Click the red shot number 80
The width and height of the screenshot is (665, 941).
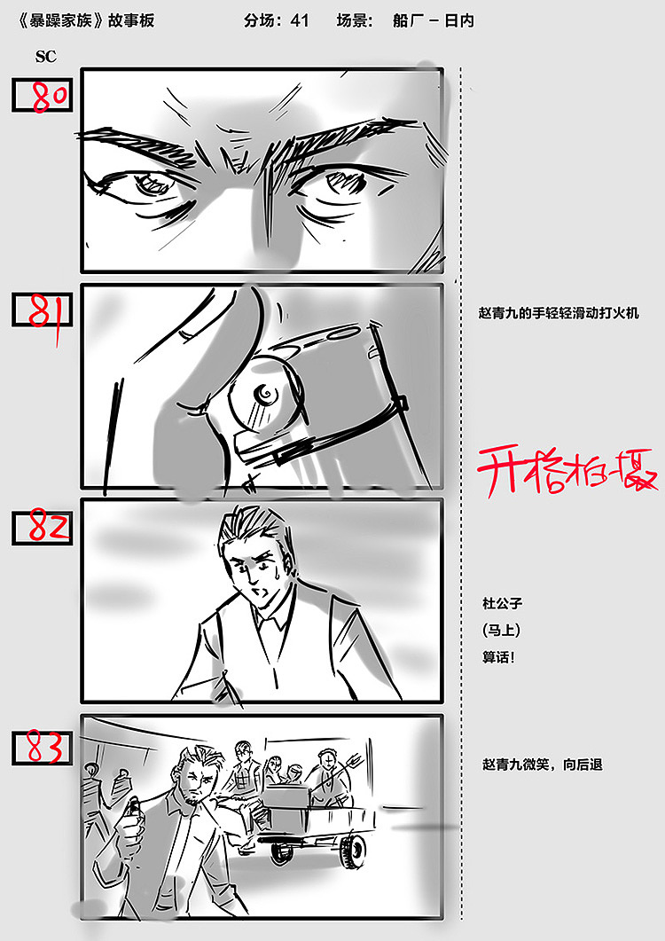point(51,96)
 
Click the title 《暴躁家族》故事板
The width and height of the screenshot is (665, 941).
point(85,20)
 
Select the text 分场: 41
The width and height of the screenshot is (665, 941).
point(276,20)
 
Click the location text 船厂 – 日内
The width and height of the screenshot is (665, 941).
point(433,20)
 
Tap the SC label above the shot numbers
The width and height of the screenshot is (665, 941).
point(45,57)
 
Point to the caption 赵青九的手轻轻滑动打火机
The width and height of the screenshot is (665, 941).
point(558,313)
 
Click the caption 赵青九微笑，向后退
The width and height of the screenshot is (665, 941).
point(542,764)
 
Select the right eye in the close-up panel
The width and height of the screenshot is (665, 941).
point(343,184)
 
